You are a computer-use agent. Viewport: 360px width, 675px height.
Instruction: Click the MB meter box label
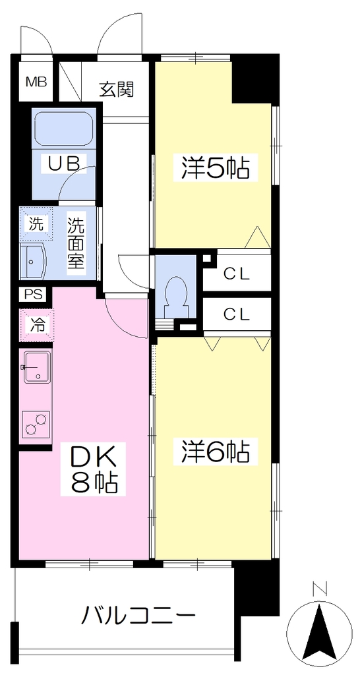pos(36,82)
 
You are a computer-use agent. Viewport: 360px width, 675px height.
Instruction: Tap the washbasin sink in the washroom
pos(34,261)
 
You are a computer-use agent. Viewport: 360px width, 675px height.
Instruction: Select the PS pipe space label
pos(33,295)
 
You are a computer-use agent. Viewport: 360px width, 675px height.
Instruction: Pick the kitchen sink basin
pos(38,367)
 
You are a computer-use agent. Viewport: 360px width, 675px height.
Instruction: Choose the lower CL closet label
pos(236,314)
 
